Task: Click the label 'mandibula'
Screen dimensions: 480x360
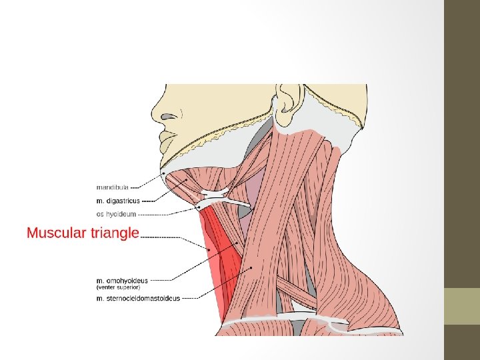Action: (113, 187)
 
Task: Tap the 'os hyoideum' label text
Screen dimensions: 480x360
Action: (117, 214)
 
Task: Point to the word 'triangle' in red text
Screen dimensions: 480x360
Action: (113, 233)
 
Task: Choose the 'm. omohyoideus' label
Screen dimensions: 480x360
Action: (122, 281)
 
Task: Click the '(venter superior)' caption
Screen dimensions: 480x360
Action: (118, 287)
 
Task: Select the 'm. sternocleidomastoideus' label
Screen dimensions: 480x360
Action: (138, 299)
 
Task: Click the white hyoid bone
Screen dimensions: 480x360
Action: (220, 198)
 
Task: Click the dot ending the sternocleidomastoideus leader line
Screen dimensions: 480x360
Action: (251, 268)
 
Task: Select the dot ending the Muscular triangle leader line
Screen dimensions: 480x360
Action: (209, 251)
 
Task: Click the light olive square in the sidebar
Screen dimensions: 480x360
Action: (462, 306)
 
